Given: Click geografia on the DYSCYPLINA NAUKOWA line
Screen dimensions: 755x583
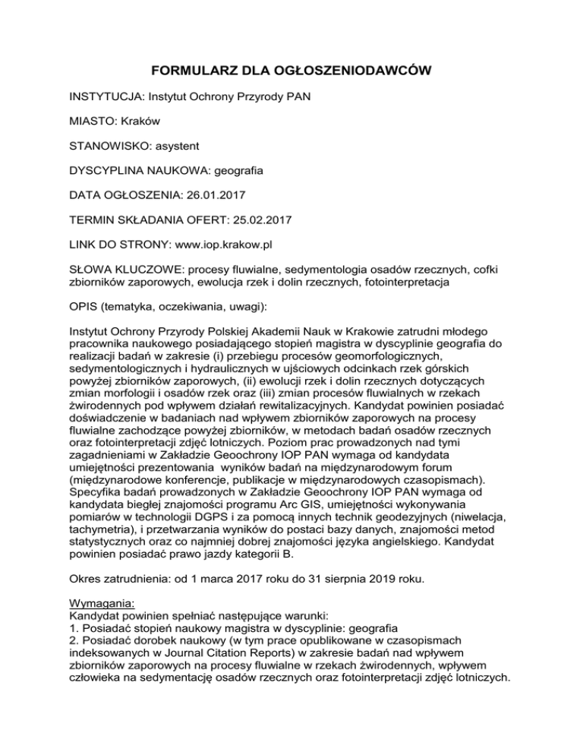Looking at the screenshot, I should click(x=241, y=171).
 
